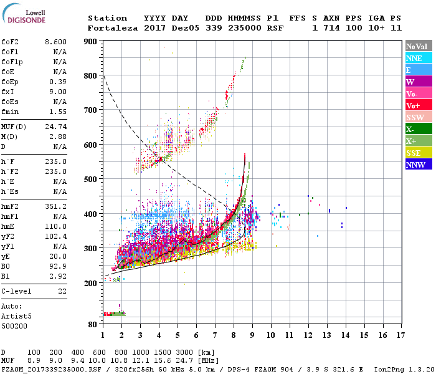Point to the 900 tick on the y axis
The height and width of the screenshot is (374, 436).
click(90, 42)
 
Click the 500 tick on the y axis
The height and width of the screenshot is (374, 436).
click(90, 180)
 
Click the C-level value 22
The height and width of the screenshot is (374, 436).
click(62, 291)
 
